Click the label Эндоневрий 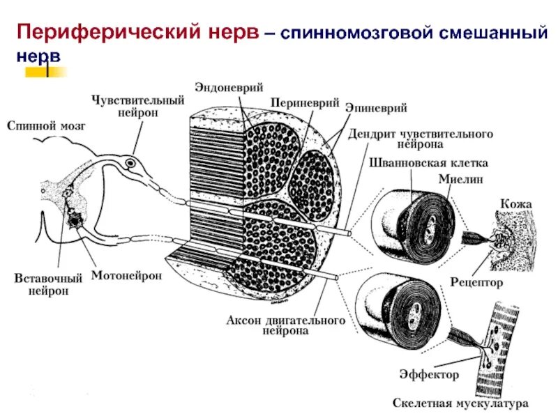click(238, 88)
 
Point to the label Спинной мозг click(39, 125)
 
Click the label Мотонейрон click(126, 276)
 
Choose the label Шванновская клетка click(428, 162)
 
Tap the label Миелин click(461, 179)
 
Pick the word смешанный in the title click(481, 32)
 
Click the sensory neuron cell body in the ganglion click(130, 165)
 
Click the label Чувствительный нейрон click(137, 107)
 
